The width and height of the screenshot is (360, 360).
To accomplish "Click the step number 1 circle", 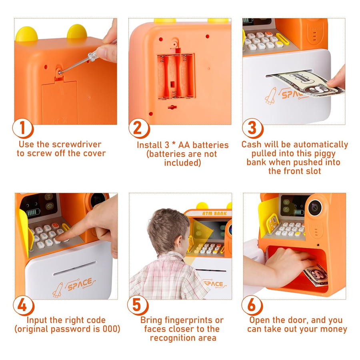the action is pyautogui.click(x=23, y=128).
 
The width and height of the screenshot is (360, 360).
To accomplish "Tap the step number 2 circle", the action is pyautogui.click(x=139, y=128).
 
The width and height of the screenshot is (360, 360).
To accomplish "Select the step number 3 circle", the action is pyautogui.click(x=253, y=128).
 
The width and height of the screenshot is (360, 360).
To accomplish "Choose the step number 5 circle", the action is pyautogui.click(x=138, y=305).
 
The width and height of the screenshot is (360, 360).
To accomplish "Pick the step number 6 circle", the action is pyautogui.click(x=252, y=305).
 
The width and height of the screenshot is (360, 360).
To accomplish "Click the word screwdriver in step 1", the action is pyautogui.click(x=77, y=144).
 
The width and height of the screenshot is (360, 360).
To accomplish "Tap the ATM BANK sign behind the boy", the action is pyautogui.click(x=214, y=214).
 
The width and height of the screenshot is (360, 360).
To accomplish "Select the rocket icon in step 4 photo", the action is pyautogui.click(x=58, y=290).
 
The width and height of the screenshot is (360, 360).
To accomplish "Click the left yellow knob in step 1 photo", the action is pyautogui.click(x=26, y=34).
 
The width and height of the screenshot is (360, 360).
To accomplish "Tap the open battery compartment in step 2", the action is pyautogui.click(x=176, y=77).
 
